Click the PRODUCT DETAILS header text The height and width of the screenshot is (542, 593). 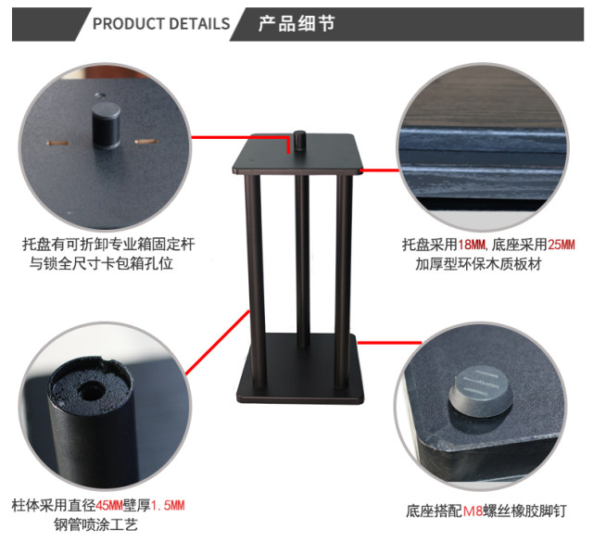coord(161,23)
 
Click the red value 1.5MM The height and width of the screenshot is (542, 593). coord(168,505)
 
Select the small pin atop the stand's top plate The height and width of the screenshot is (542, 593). coord(299,145)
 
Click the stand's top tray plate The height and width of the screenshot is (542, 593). coord(296,161)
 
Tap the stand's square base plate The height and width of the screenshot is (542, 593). coord(298,379)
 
